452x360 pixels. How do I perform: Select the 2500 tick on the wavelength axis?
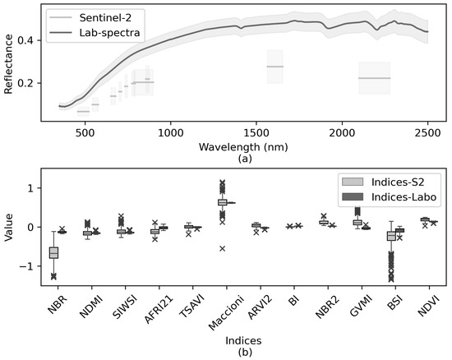point(428,132)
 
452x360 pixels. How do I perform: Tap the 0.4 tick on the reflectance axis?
point(29,40)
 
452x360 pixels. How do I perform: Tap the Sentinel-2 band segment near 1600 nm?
point(274,67)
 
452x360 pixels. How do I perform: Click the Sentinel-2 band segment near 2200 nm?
point(374,78)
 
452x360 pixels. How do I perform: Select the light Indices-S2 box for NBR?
point(53,252)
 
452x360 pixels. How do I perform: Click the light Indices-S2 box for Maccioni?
point(222,201)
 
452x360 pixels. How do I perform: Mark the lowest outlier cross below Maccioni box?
point(222,248)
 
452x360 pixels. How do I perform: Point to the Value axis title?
point(10,227)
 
